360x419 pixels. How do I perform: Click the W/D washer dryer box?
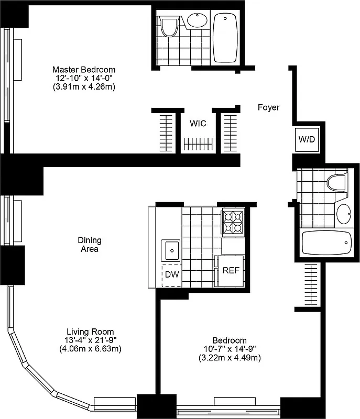306,139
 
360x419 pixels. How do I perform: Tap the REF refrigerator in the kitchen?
231,271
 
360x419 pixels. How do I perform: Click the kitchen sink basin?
171,250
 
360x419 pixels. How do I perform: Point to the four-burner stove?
233,222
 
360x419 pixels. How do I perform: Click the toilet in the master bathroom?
169,26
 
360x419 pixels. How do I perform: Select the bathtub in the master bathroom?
226,37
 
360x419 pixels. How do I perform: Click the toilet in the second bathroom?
336,182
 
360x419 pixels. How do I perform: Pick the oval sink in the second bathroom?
343,213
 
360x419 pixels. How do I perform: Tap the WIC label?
198,124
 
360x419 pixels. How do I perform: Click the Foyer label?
268,107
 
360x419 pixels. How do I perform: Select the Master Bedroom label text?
84,69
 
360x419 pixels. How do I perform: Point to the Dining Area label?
91,245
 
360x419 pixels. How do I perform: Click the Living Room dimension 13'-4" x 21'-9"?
90,340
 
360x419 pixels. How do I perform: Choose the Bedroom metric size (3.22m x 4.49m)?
230,358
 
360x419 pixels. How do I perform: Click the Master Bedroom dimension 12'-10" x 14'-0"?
84,78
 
